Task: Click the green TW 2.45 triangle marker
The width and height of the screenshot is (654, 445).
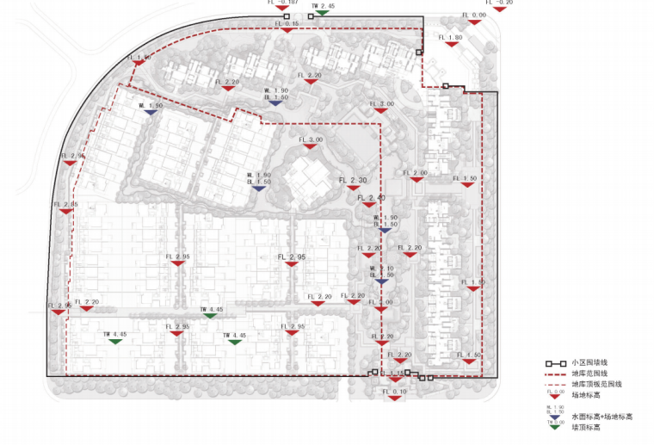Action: (x=322, y=13)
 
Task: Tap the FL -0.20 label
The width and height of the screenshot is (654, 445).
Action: (x=499, y=3)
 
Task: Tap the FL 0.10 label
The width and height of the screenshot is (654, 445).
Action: (x=395, y=392)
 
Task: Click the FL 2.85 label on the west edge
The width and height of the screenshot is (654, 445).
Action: (x=65, y=205)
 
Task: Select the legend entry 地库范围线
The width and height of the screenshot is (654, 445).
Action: (x=586, y=374)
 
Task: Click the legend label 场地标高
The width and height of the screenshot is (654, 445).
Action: (x=583, y=394)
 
